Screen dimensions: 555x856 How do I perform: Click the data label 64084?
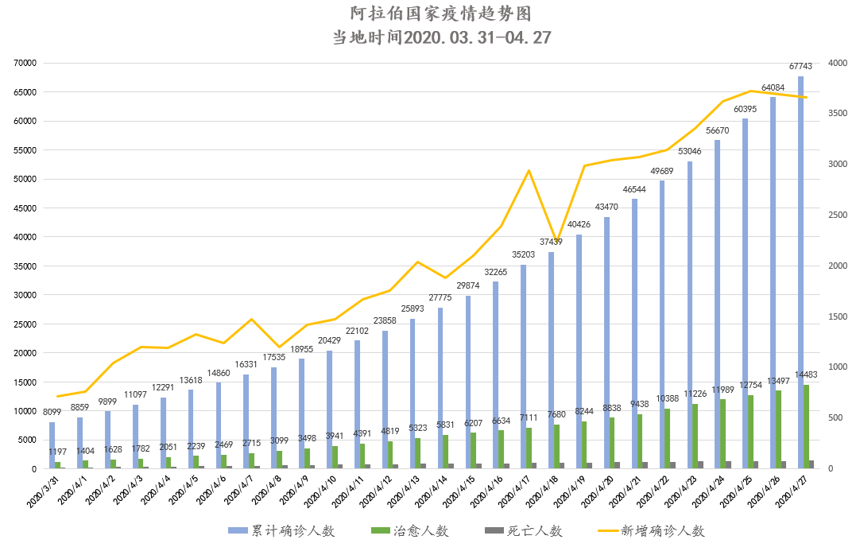point(773,87)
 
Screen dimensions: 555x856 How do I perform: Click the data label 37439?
point(551,242)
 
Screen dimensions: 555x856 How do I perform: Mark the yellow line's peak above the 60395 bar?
point(751,91)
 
